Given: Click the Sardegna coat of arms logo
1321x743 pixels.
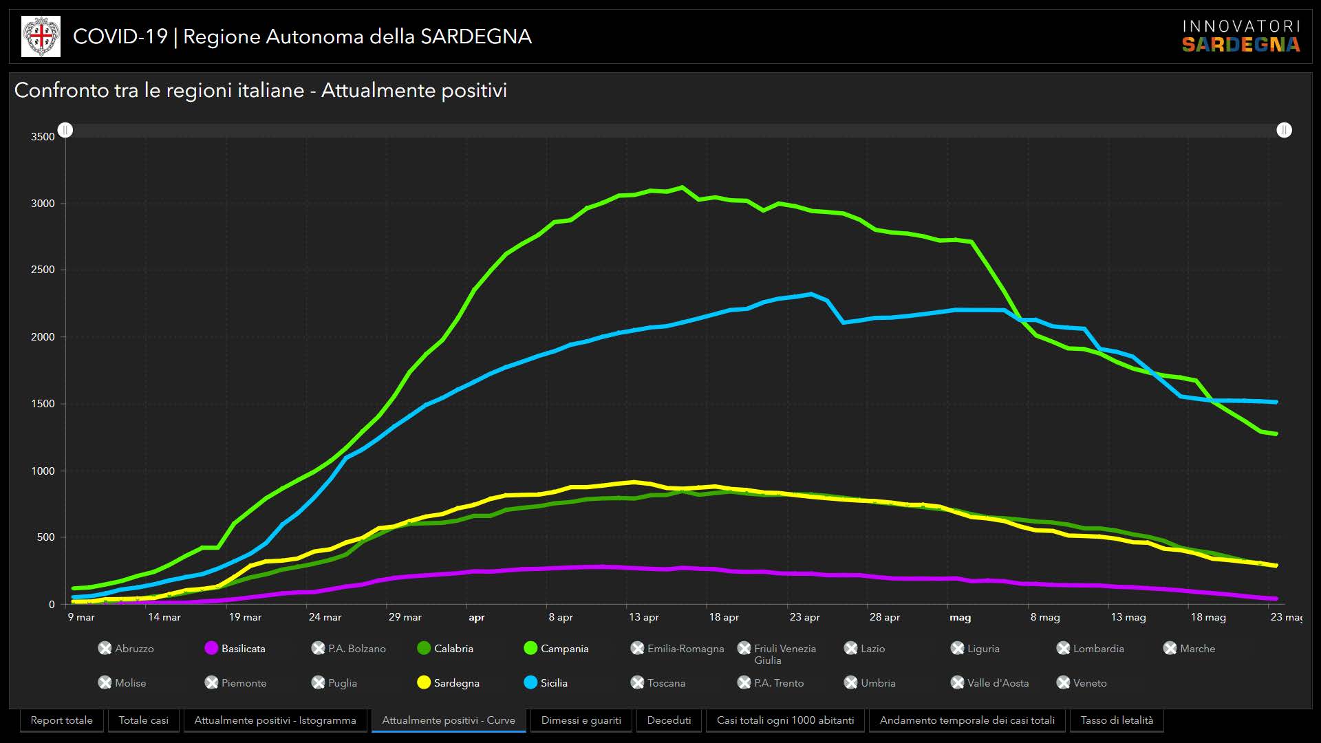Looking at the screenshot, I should (x=41, y=36).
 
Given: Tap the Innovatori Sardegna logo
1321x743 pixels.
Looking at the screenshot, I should (x=1241, y=36).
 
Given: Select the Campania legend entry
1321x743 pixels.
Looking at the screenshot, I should (x=556, y=648).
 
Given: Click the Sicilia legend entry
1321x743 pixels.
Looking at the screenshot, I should (x=546, y=682).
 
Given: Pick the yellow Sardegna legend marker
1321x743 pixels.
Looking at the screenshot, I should (x=424, y=682).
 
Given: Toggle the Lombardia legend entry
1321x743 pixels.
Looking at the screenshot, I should (x=1091, y=648).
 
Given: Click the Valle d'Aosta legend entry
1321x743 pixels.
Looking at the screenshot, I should (x=990, y=682).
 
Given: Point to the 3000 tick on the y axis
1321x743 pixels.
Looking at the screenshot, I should (x=43, y=204).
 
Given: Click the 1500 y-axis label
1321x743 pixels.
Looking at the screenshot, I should (x=43, y=404).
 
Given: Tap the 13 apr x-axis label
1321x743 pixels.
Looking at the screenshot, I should (x=643, y=617).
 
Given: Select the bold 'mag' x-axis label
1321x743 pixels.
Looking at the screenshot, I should (x=960, y=617).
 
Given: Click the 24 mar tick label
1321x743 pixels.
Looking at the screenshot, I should (x=325, y=617).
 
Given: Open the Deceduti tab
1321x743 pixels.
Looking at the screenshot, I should (x=669, y=720).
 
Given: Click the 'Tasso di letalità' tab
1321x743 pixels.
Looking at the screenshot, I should (x=1117, y=720).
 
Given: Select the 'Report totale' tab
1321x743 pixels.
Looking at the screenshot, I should (x=62, y=720).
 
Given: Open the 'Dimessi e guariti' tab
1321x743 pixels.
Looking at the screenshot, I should (x=581, y=720).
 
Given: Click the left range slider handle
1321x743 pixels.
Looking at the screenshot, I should (x=65, y=130).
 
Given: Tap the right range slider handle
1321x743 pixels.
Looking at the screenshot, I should (x=1284, y=130).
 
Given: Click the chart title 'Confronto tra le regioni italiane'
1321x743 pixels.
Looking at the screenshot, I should (x=260, y=90).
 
